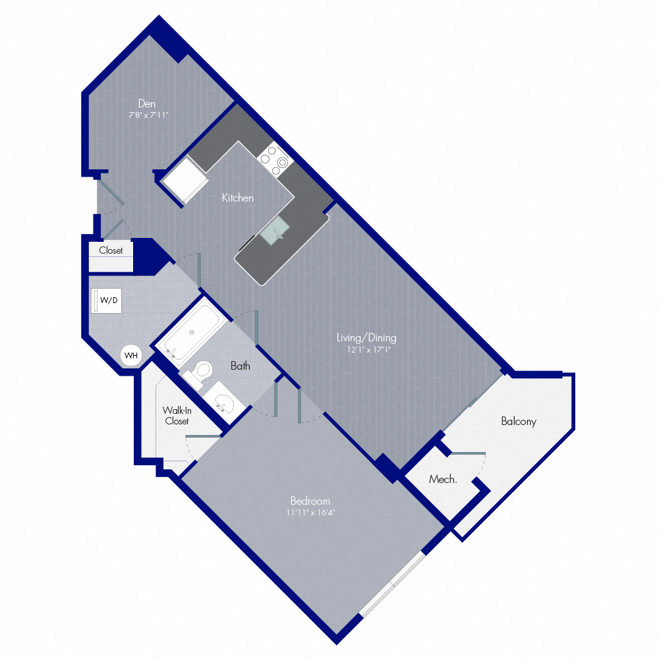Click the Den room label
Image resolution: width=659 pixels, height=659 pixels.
[x=147, y=103]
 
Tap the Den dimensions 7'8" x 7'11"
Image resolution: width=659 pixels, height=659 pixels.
[x=148, y=115]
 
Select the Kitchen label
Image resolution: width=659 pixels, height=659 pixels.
[x=237, y=198]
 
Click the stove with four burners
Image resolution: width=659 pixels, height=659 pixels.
[x=275, y=159]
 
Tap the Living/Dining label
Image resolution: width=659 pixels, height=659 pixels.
[x=366, y=337]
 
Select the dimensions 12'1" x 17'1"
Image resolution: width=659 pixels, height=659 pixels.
[x=368, y=349]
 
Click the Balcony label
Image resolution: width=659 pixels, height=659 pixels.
[x=519, y=421]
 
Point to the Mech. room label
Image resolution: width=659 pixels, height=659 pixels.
[x=443, y=479]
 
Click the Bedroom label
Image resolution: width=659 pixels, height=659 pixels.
[x=310, y=501]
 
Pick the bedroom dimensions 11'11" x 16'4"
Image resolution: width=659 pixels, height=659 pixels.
[x=310, y=512]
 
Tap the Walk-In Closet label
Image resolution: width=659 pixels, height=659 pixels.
[x=177, y=416]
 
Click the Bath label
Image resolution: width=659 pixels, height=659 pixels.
[x=240, y=366]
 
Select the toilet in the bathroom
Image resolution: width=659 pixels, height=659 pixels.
[x=198, y=374]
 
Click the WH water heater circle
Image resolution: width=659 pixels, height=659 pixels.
[x=131, y=356]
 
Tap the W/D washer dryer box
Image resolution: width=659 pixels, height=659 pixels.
[x=107, y=301]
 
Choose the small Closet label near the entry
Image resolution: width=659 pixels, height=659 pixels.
[x=111, y=250]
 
